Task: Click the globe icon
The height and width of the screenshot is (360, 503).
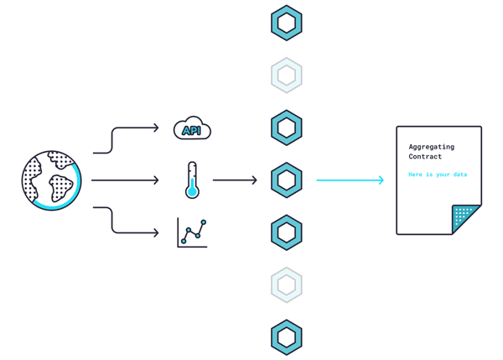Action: tap(51, 180)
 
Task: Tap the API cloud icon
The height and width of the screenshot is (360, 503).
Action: tap(192, 128)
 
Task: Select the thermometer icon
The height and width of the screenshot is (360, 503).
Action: tap(192, 180)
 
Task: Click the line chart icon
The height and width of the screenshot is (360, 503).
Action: tap(192, 232)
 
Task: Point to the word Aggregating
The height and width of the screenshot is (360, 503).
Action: tap(432, 147)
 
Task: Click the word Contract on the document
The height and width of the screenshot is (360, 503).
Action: tap(425, 157)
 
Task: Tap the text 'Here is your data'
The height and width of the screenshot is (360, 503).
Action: tap(438, 175)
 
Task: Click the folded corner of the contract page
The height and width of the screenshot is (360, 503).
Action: tap(466, 219)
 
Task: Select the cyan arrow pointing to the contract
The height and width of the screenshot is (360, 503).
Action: tap(350, 180)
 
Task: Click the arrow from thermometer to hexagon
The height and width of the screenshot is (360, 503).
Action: tap(235, 180)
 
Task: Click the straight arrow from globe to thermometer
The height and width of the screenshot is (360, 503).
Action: tap(125, 180)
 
